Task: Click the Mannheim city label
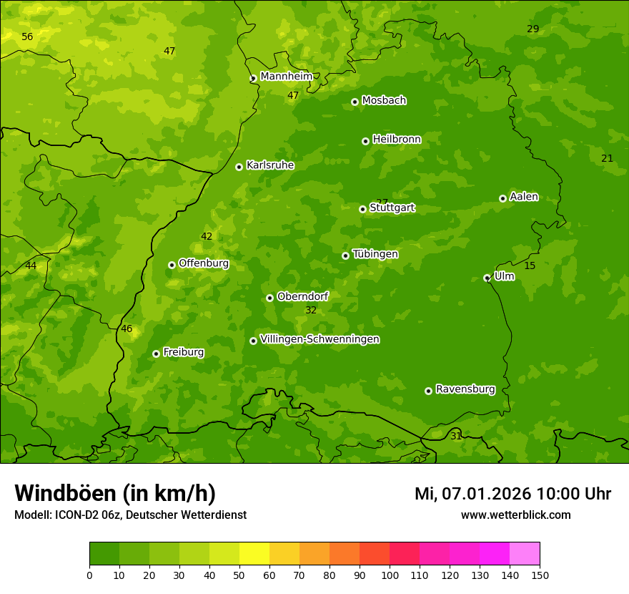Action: click(286, 77)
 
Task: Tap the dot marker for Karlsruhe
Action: click(239, 167)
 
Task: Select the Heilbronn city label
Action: click(397, 140)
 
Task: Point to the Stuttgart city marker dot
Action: click(362, 209)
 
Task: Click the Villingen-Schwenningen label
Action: click(320, 339)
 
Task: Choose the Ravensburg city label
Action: click(465, 389)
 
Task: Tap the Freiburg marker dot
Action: click(156, 354)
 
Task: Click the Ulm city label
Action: click(504, 276)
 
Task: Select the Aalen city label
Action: click(524, 197)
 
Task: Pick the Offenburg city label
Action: click(204, 263)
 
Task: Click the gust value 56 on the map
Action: click(27, 36)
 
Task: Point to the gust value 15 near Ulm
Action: click(530, 266)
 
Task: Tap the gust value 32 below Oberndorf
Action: click(311, 310)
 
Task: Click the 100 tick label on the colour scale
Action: click(390, 575)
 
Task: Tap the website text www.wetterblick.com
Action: click(515, 515)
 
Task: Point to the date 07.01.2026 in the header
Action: click(485, 494)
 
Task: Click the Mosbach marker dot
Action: click(355, 102)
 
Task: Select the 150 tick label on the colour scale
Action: click(540, 575)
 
